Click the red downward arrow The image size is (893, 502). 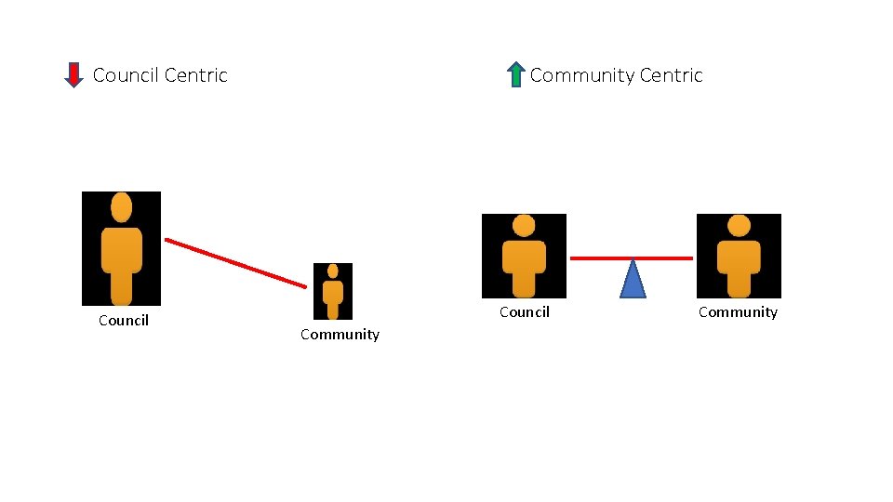pyautogui.click(x=73, y=74)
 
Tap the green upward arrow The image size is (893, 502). pyautogui.click(x=516, y=74)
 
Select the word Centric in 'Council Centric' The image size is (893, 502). pyautogui.click(x=194, y=75)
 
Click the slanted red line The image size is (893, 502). pyautogui.click(x=235, y=263)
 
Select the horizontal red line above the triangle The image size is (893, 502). pyautogui.click(x=631, y=258)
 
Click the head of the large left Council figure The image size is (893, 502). pyautogui.click(x=121, y=207)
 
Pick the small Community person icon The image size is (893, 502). pyautogui.click(x=333, y=291)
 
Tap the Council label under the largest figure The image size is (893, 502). pyautogui.click(x=124, y=321)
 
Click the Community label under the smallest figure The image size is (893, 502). pyautogui.click(x=340, y=335)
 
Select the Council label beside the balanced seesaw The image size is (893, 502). pyautogui.click(x=525, y=312)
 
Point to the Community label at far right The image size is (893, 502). pyautogui.click(x=738, y=312)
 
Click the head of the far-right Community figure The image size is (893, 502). pyautogui.click(x=739, y=226)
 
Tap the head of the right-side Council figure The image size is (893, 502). pyautogui.click(x=524, y=226)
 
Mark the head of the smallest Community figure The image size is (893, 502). pyautogui.click(x=333, y=271)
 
